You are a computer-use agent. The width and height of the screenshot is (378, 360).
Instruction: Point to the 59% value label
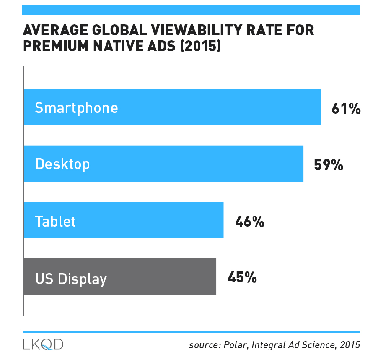pos(329,165)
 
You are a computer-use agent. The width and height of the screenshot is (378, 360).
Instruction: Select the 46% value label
pos(250,221)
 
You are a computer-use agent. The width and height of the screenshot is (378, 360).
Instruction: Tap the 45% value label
pos(242,277)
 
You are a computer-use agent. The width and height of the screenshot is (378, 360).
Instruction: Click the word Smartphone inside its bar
pos(76,108)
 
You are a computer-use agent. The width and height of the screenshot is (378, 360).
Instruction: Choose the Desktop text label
pos(62,164)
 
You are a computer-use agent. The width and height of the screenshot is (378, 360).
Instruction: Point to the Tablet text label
pos(55,221)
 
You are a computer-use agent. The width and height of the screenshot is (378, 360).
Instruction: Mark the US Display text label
pos(71,278)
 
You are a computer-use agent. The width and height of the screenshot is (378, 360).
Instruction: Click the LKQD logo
pos(43,344)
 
